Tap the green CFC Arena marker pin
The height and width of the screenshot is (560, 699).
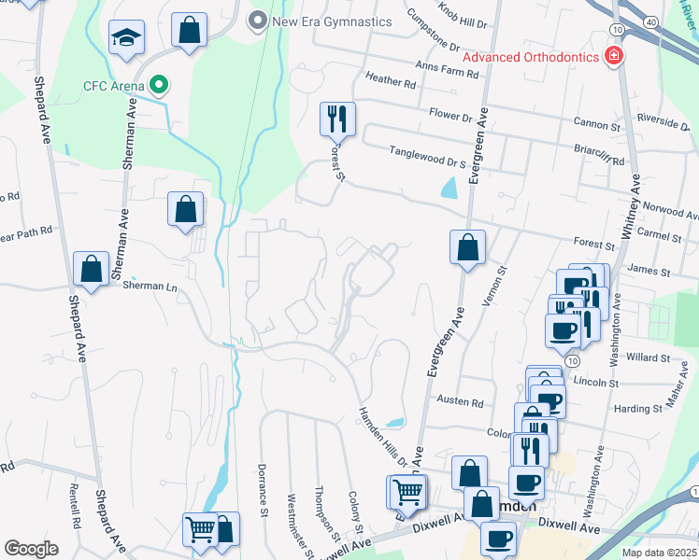pyautogui.click(x=159, y=87)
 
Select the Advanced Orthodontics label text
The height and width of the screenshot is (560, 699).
pyautogui.click(x=531, y=57)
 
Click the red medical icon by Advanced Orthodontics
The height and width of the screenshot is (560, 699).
pyautogui.click(x=614, y=57)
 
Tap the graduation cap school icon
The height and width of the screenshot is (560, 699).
pyautogui.click(x=126, y=38)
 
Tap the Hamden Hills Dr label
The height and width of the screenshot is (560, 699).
pyautogui.click(x=383, y=435)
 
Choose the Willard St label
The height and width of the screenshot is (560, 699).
pyautogui.click(x=649, y=357)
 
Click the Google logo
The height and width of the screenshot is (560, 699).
pyautogui.click(x=31, y=549)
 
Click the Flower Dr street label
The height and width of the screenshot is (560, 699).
pyautogui.click(x=451, y=117)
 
